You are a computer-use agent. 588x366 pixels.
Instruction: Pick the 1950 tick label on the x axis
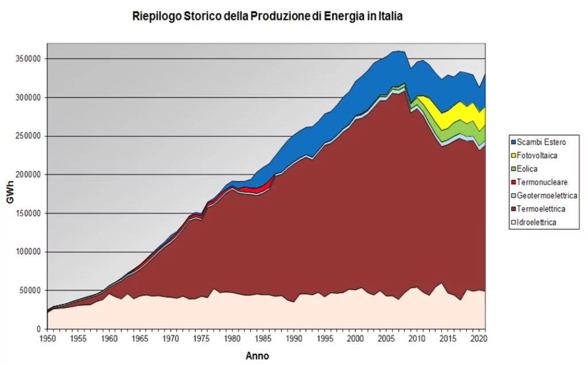(47, 340)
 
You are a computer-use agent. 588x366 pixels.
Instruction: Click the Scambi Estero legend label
(543, 141)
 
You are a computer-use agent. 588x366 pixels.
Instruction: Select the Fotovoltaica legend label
(538, 155)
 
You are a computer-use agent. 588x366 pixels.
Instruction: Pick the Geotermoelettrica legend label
(547, 195)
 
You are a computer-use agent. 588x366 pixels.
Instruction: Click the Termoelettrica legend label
(541, 209)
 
